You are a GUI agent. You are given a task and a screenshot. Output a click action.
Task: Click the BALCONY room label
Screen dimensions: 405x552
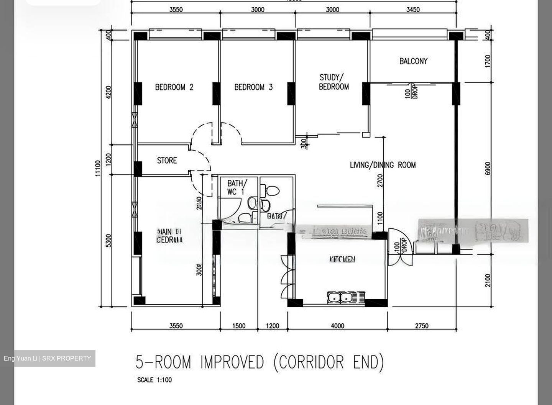[x=413, y=61]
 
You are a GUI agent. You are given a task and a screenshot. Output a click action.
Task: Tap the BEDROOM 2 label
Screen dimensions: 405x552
[x=174, y=87]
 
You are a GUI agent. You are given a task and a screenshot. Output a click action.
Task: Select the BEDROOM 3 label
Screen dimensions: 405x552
[x=253, y=87]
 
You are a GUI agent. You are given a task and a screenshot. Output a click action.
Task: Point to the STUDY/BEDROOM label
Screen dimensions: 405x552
[x=333, y=82]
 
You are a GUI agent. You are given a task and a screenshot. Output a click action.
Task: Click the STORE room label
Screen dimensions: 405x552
[x=167, y=161]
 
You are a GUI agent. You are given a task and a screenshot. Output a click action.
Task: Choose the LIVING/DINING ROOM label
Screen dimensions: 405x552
[x=383, y=165]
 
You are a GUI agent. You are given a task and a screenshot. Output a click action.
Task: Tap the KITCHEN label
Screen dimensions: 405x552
[x=342, y=259]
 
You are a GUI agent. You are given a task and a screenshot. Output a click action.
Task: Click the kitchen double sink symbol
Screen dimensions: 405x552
[x=340, y=297]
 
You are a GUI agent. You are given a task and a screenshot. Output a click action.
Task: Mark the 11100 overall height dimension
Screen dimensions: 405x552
[x=98, y=168]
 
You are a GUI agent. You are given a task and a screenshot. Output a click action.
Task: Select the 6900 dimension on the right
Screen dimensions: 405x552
[x=488, y=168]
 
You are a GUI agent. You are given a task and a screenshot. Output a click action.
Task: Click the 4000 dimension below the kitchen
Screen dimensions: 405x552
[x=337, y=326]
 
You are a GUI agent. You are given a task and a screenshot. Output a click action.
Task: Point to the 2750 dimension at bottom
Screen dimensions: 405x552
[x=422, y=326]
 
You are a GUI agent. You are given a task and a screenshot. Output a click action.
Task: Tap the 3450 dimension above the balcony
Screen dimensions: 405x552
[x=413, y=10]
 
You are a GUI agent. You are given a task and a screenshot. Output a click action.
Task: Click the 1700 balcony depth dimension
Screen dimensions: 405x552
[x=488, y=61]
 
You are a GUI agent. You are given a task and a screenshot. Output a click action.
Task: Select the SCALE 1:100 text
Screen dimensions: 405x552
[x=154, y=380]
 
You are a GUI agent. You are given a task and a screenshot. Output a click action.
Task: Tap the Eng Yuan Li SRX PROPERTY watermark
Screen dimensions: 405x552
[x=48, y=358]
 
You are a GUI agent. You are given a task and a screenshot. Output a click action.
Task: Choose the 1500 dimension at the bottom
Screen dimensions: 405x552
[x=239, y=326]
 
